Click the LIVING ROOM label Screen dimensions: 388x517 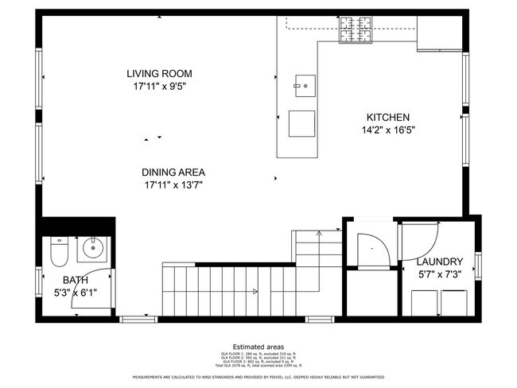159,74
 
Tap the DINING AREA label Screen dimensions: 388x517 173,172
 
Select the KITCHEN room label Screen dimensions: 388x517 388,117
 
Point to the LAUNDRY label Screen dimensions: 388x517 440,262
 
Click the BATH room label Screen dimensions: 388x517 76,279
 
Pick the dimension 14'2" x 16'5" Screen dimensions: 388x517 388,130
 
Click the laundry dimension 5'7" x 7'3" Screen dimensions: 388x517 440,274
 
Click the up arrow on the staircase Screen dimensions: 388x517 317,235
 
